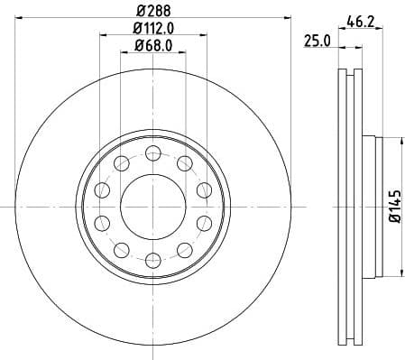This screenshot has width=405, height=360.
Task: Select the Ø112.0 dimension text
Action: click(152, 28)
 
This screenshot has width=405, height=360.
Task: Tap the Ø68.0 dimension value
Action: click(152, 45)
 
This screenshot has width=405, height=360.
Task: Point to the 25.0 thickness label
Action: click(315, 41)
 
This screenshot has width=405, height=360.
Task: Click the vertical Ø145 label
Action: click(393, 207)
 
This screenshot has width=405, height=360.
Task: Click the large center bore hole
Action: click(152, 205)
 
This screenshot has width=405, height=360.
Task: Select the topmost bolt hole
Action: click(152, 151)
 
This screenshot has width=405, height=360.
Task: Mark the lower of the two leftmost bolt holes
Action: click(101, 222)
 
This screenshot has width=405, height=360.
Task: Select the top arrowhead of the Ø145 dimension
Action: click(400, 139)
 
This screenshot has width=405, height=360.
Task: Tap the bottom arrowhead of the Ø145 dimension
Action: click(400, 273)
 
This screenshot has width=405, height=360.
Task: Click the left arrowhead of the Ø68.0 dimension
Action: click(124, 52)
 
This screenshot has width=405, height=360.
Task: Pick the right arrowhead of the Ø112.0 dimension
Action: click(206, 35)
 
